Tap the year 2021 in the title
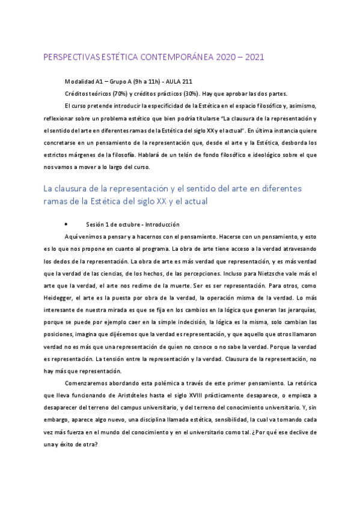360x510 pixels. (x=251, y=58)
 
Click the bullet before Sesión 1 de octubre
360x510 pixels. (x=73, y=224)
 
